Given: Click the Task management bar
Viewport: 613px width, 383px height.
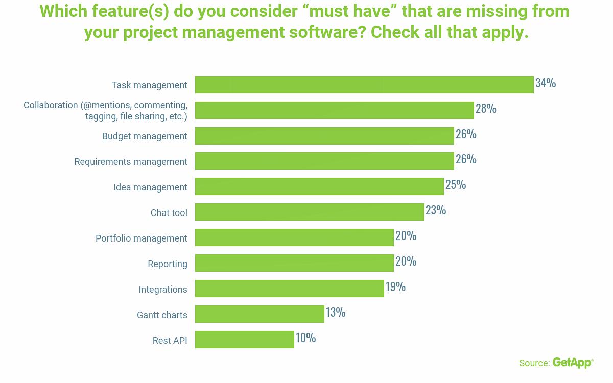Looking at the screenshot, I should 364,85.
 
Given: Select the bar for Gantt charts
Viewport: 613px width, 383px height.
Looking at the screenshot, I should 260,314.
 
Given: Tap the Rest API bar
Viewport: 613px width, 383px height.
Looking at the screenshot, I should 244,340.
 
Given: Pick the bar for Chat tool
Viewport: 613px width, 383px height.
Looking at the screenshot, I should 309,212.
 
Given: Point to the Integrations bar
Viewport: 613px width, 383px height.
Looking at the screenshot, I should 289,289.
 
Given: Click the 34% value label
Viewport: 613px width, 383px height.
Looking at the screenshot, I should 545,83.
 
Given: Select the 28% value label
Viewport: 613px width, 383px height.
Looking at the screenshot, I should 486,108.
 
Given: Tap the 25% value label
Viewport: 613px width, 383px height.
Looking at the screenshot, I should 456,184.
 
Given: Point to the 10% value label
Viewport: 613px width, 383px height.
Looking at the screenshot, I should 305,338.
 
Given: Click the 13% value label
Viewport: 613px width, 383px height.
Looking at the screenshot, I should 336,312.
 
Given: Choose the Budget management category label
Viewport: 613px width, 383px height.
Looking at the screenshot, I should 145,136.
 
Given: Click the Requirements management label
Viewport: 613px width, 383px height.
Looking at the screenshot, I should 131,162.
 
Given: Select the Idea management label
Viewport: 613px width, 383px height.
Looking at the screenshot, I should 150,187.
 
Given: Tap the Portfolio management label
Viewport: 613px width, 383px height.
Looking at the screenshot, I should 142,238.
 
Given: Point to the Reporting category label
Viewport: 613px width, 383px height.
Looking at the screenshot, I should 168,264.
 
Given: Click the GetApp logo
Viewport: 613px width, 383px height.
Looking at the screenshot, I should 573,363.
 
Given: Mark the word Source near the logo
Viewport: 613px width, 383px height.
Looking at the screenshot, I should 534,363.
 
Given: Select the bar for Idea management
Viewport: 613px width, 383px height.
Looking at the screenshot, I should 319,186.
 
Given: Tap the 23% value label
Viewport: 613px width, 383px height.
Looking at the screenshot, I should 436,210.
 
